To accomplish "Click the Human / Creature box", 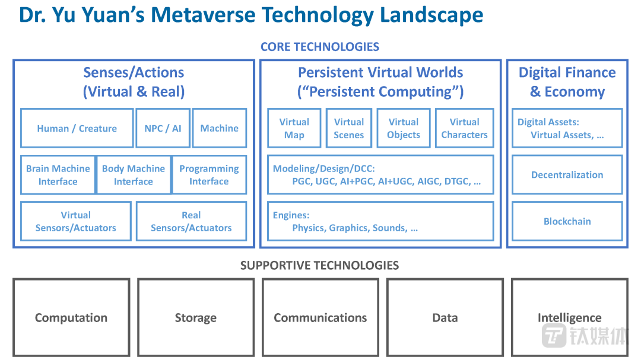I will (x=77, y=128).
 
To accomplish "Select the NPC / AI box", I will (x=163, y=128).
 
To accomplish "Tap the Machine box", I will (x=219, y=128).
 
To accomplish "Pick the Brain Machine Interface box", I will (x=58, y=175).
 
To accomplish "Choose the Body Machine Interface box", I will (x=134, y=175).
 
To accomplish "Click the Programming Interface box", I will (x=209, y=175).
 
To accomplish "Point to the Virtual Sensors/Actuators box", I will (x=76, y=221).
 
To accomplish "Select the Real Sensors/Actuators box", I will (x=191, y=221).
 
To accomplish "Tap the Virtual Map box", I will (x=294, y=128).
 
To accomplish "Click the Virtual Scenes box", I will (x=349, y=128).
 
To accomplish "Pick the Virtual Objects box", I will (x=404, y=128).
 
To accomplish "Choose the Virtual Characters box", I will (x=464, y=128).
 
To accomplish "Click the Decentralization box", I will (x=567, y=175).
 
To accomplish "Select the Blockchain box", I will (x=567, y=221).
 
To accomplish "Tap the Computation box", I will (x=71, y=318).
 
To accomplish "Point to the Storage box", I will (x=196, y=318).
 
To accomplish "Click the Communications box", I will (x=320, y=318).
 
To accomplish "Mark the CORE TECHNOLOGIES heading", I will (x=320, y=46).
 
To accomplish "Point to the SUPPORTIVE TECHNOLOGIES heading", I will (x=319, y=265).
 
